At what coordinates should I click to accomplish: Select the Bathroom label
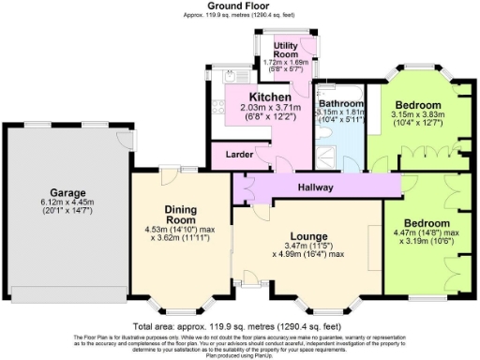341,105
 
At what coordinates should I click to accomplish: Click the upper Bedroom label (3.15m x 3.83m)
417,104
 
